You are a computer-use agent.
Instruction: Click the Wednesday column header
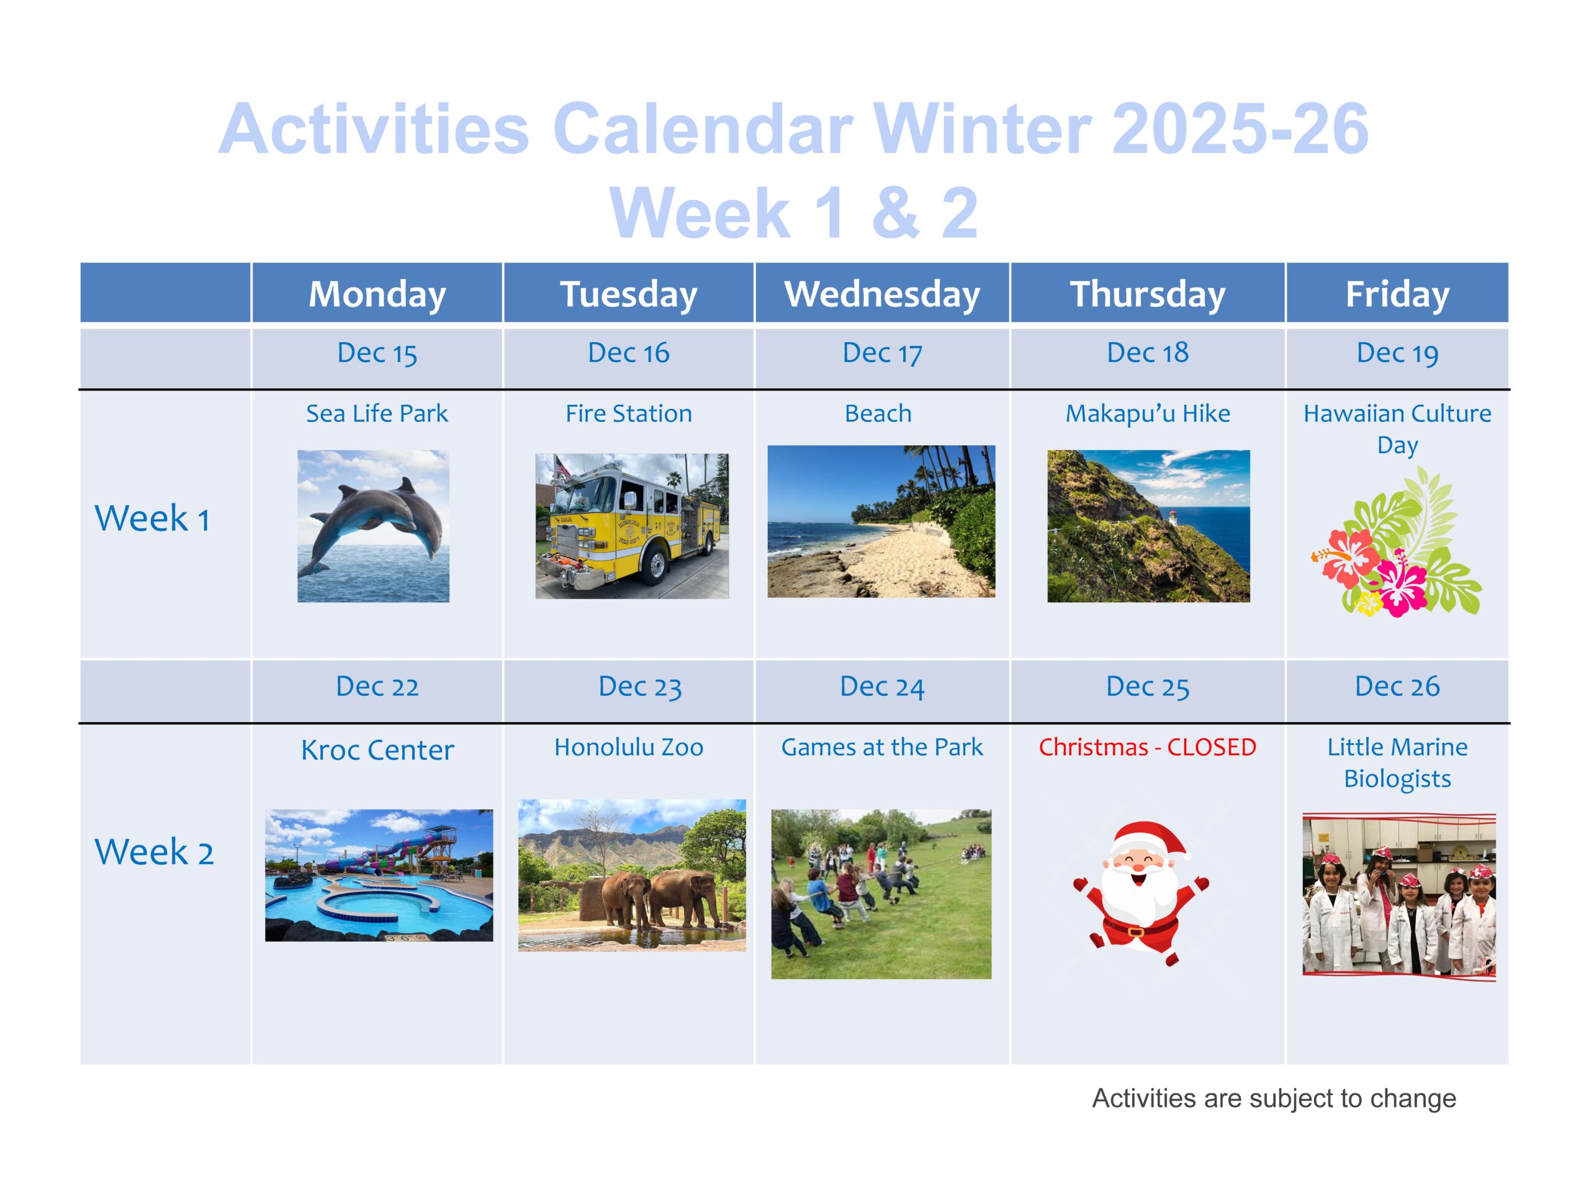click(x=881, y=294)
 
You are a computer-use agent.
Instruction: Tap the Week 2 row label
click(x=154, y=852)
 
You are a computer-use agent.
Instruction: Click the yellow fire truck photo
click(x=631, y=526)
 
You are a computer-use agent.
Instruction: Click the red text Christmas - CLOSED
click(x=1147, y=747)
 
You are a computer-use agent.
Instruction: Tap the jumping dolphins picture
click(x=374, y=526)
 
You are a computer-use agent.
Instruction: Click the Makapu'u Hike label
click(x=1147, y=414)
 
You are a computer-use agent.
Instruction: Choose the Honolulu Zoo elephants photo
click(x=632, y=875)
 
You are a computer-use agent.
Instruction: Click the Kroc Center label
click(x=377, y=750)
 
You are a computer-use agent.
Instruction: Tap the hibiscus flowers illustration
click(x=1397, y=543)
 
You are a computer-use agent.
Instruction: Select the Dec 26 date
click(x=1397, y=687)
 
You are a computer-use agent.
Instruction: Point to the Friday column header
click(x=1397, y=294)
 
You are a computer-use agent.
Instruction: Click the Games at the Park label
click(x=881, y=747)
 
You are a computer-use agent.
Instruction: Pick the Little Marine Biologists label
click(x=1397, y=763)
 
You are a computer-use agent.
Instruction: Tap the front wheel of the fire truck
click(x=657, y=564)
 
